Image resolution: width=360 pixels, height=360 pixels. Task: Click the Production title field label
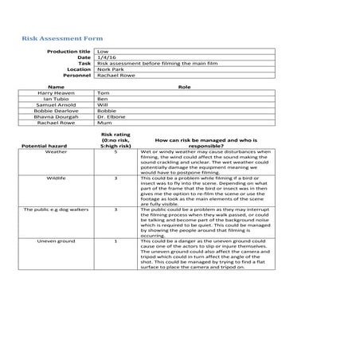69,51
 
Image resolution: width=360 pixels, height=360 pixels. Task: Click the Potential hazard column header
46,147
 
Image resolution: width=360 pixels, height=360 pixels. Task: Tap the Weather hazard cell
56,152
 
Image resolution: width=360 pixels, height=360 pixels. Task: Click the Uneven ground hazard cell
56,240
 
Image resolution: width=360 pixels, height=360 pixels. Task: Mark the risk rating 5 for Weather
115,152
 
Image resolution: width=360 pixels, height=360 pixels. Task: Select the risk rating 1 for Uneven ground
115,240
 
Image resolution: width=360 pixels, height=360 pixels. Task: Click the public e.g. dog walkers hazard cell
56,209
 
